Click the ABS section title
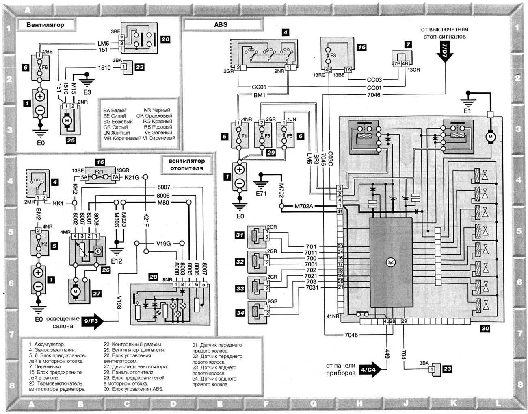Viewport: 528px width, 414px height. pyautogui.click(x=221, y=24)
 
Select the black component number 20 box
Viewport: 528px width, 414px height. pyautogui.click(x=165, y=39)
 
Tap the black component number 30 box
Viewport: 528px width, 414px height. pyautogui.click(x=485, y=329)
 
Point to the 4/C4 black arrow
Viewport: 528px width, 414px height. pyautogui.click(x=370, y=370)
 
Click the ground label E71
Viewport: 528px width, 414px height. pyautogui.click(x=262, y=193)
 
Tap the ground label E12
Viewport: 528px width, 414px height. pyautogui.click(x=116, y=261)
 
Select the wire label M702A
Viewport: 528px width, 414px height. pyautogui.click(x=304, y=206)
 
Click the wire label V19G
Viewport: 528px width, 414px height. pyautogui.click(x=164, y=243)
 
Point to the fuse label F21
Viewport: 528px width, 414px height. pyautogui.click(x=99, y=172)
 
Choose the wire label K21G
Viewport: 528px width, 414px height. pyautogui.click(x=132, y=177)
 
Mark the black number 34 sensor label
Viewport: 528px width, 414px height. pyautogui.click(x=240, y=313)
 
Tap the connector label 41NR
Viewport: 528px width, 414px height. pyautogui.click(x=333, y=316)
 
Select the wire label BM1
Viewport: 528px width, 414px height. pyautogui.click(x=259, y=95)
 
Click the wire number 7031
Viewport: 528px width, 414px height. pyautogui.click(x=312, y=288)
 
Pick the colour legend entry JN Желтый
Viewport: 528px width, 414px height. pyautogui.click(x=116, y=132)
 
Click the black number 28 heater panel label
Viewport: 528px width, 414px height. pyautogui.click(x=153, y=277)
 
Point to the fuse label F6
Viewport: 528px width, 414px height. pyautogui.click(x=45, y=67)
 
